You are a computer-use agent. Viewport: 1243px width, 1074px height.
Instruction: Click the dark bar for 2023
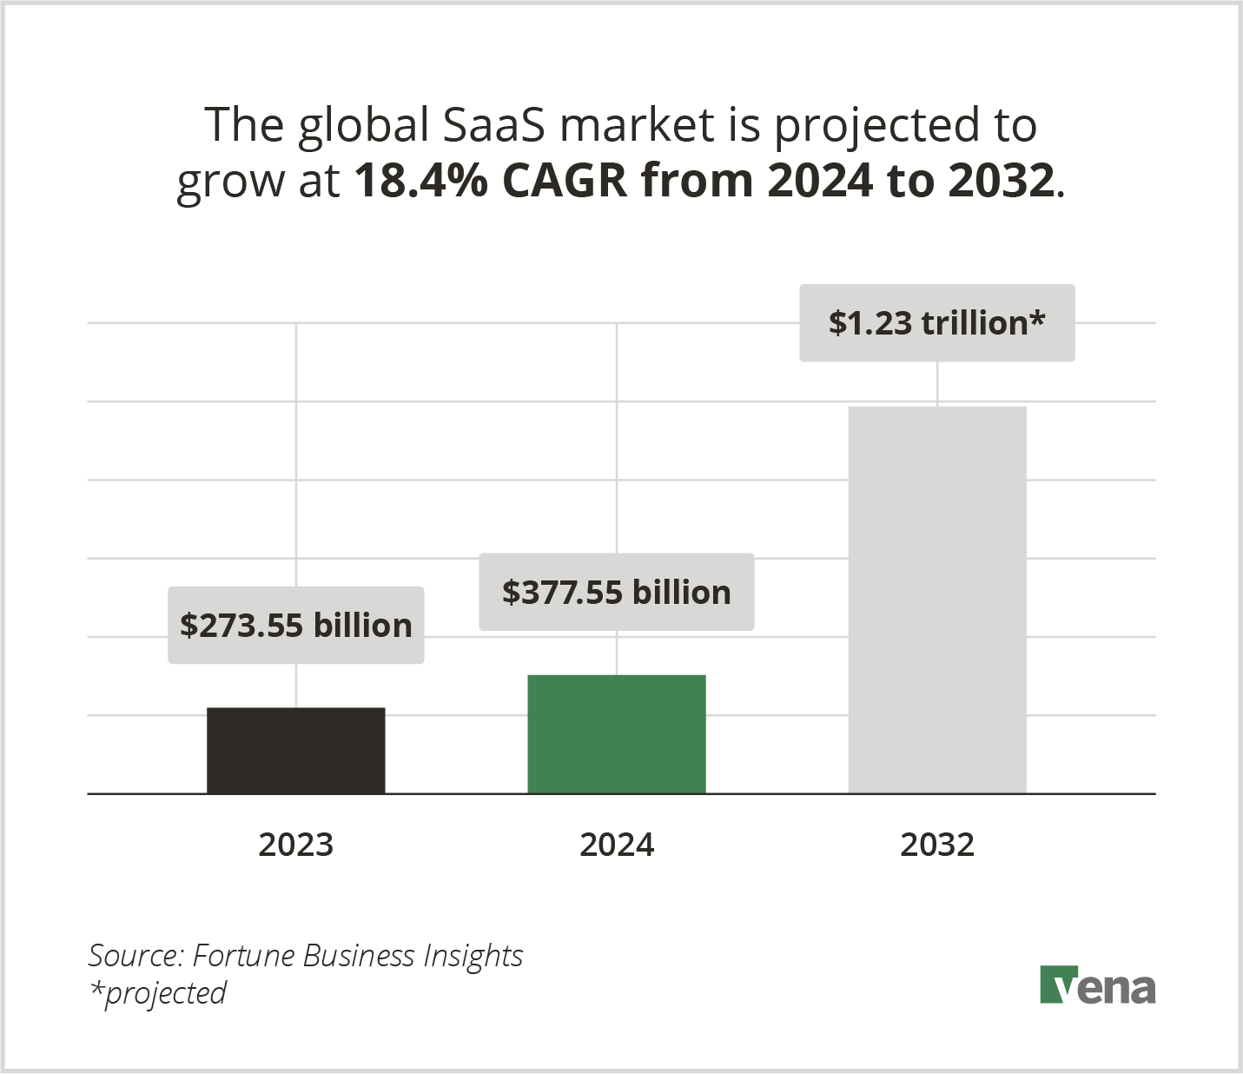(295, 751)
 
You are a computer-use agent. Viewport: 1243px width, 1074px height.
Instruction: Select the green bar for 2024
(617, 734)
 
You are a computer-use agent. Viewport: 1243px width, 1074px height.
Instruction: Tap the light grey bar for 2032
(937, 600)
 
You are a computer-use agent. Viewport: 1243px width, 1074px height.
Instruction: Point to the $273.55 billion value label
(295, 626)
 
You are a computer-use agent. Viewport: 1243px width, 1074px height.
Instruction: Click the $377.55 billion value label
(617, 593)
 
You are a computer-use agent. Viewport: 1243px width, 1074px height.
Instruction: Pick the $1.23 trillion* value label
(936, 323)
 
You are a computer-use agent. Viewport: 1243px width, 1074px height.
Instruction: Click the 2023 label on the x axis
(295, 845)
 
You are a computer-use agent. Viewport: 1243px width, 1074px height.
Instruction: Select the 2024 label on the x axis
(617, 845)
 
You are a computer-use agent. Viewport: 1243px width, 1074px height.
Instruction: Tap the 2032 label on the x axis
(937, 845)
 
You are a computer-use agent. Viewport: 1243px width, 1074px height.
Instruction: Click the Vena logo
(1098, 985)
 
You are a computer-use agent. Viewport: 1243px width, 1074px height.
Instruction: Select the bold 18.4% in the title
(420, 181)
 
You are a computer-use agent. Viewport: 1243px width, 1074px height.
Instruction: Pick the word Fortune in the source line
(244, 956)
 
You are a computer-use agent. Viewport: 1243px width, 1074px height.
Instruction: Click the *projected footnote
(157, 993)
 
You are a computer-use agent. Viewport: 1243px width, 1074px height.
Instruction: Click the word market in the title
(637, 125)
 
